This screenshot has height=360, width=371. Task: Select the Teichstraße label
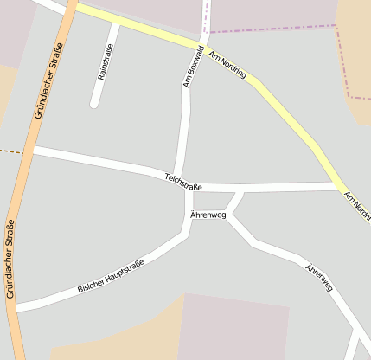point(183,182)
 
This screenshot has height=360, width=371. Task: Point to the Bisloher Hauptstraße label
point(110,276)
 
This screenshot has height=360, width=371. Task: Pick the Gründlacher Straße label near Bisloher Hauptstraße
point(11,260)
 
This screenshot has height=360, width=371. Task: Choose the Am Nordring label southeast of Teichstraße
point(357,208)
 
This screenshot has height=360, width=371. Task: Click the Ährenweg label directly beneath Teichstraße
point(208,215)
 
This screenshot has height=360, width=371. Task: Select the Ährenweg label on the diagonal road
point(318,276)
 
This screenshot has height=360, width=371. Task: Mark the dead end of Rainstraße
point(94,105)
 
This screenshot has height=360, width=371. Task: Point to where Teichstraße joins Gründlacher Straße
point(32,151)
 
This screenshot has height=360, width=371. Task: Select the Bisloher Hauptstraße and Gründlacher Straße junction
point(15,306)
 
